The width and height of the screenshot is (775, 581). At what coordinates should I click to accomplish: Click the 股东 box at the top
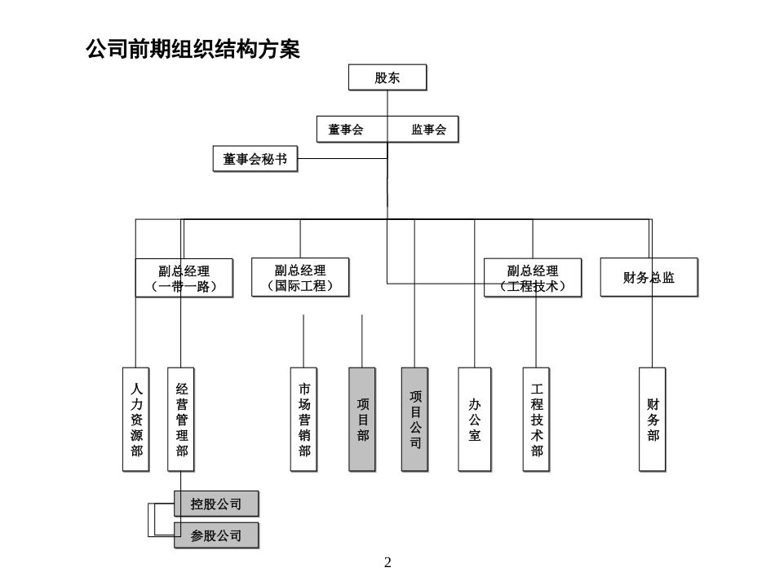point(387,78)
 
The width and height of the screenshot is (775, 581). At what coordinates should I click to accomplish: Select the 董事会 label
point(346,130)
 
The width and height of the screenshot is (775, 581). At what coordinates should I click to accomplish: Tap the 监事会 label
point(428,130)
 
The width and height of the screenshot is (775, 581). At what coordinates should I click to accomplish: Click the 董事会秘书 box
point(255,159)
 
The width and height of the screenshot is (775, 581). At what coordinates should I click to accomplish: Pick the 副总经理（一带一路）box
point(184,278)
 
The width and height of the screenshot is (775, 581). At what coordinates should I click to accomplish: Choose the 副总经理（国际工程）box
point(299,278)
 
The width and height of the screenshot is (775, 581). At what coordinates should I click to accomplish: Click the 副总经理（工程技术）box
point(532,278)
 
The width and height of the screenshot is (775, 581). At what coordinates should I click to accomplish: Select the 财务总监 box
point(649,278)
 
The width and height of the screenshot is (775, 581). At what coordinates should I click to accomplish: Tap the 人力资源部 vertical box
point(136,419)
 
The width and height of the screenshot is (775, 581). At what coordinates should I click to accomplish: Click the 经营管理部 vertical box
point(181,419)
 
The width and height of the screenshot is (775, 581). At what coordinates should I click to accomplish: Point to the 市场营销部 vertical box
point(303,419)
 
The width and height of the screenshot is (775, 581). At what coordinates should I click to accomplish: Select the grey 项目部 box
point(362,419)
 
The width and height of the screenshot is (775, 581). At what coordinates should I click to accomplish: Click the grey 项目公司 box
point(414,419)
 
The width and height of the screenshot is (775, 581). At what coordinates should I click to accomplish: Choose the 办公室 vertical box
point(474,419)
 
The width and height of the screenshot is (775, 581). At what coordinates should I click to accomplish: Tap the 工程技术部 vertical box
point(536,419)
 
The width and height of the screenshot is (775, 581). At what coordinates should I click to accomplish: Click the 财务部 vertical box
point(652,419)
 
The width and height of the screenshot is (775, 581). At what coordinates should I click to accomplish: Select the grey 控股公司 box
point(216,504)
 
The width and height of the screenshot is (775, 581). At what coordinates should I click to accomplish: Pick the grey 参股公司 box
point(216,535)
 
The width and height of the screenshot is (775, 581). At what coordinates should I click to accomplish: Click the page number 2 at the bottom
point(387,562)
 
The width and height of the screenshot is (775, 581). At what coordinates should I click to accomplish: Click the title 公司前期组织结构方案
point(193,50)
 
